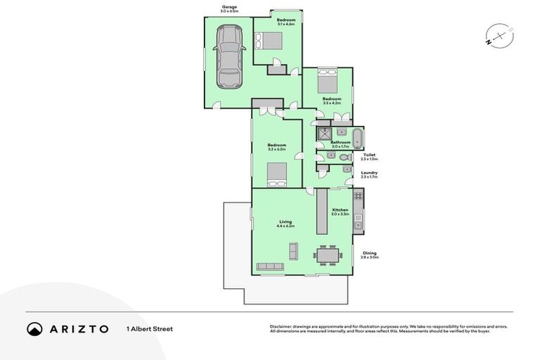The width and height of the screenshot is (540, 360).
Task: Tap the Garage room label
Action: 229,10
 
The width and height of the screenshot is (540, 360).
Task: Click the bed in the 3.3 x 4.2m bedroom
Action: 329,82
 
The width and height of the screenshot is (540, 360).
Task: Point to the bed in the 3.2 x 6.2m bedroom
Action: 276,172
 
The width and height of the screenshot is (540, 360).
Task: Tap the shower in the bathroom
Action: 325,134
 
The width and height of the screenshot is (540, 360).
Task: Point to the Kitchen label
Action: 340,210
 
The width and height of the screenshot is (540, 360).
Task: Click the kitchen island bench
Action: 322,212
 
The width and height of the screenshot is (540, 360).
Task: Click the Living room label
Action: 285,221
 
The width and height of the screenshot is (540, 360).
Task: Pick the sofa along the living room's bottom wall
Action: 270,266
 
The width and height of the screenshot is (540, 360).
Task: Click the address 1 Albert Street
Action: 150,328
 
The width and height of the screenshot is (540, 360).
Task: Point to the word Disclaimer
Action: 281,326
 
